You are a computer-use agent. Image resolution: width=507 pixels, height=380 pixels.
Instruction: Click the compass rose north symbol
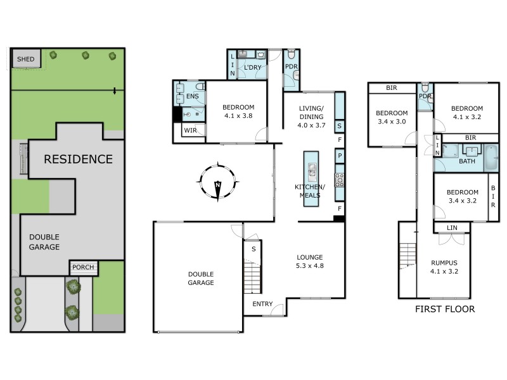click(217, 183)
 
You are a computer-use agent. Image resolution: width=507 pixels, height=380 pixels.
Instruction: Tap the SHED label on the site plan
click(26, 59)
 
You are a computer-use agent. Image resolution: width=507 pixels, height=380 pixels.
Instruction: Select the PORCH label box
click(83, 267)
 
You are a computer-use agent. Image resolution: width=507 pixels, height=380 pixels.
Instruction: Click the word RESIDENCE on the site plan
click(78, 160)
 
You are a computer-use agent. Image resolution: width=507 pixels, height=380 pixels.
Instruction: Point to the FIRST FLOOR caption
click(445, 309)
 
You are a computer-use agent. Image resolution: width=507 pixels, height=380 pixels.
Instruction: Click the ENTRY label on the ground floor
click(262, 305)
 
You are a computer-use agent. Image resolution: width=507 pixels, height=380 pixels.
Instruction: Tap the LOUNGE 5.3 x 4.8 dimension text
click(310, 262)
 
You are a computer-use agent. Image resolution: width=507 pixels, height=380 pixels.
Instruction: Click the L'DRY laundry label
click(253, 66)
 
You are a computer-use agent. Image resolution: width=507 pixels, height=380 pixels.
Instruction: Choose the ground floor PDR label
click(292, 66)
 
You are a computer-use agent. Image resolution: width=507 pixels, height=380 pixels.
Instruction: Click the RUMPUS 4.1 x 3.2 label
click(444, 267)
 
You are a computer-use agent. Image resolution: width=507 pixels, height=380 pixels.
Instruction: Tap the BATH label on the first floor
click(467, 161)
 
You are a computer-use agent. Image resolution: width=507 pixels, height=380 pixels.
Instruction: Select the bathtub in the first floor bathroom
click(491, 158)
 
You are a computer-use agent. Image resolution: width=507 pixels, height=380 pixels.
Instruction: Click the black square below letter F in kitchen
click(339, 219)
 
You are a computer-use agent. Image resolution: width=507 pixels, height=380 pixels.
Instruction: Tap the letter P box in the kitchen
click(340, 156)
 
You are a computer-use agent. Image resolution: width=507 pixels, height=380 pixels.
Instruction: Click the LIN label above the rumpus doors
click(452, 227)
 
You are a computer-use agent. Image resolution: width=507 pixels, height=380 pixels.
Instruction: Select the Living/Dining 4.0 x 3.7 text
click(311, 117)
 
